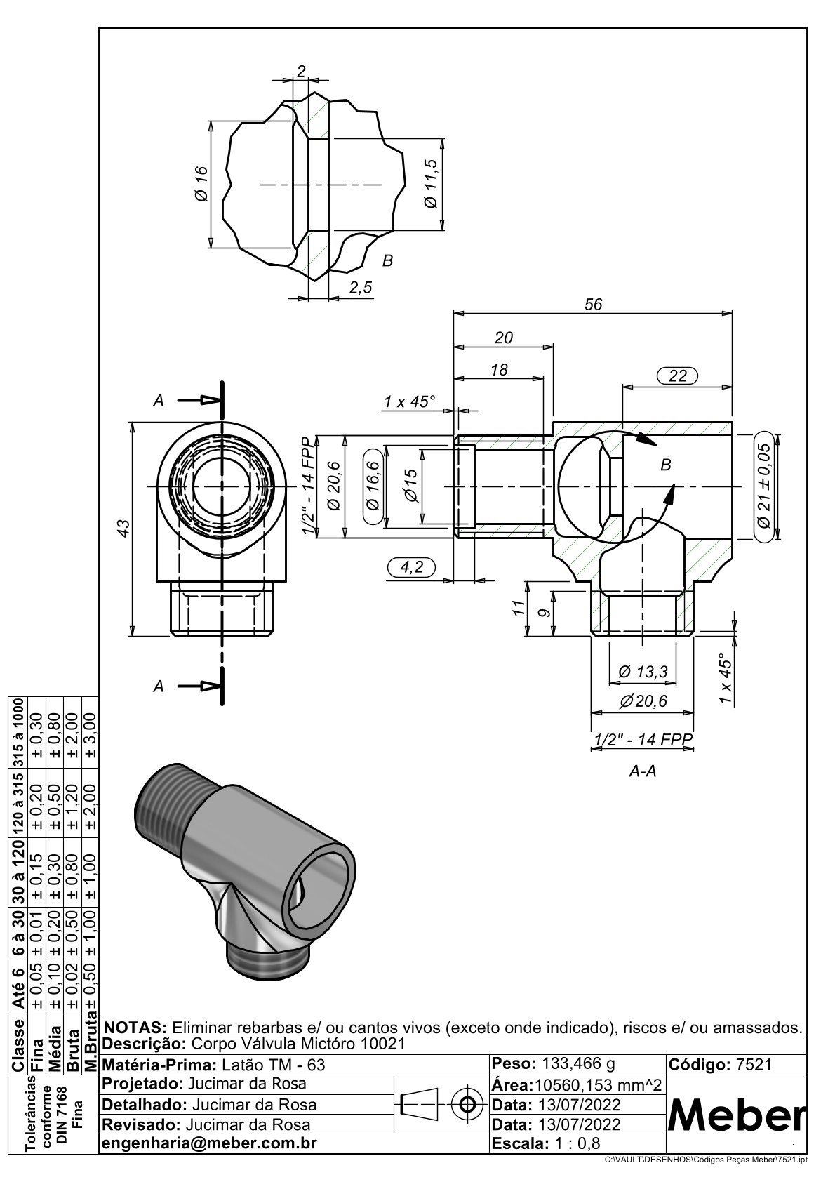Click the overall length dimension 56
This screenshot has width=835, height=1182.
[x=593, y=305]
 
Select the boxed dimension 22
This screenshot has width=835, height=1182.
[x=677, y=376]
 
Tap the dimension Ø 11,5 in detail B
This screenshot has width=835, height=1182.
[x=431, y=183]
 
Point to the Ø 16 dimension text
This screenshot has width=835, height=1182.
[x=201, y=183]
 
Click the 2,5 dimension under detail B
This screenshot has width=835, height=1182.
[x=360, y=288]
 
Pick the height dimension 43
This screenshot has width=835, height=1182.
[x=123, y=529]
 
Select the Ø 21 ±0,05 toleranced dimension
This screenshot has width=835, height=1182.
[x=764, y=486]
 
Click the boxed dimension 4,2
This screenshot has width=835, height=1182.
[x=412, y=567]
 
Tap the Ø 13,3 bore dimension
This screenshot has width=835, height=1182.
[x=643, y=672]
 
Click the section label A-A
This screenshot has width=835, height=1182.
[x=643, y=771]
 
